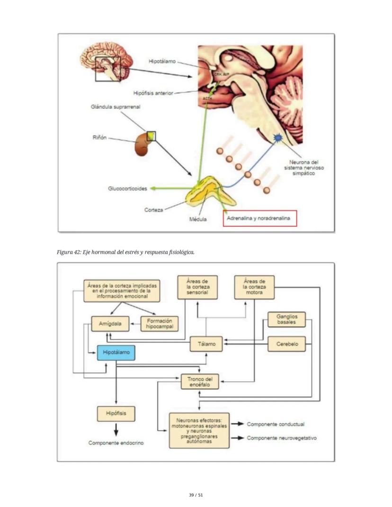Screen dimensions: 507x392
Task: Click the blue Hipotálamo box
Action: (x=116, y=353)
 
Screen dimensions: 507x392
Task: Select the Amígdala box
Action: (x=110, y=324)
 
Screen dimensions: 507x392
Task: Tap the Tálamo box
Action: (x=206, y=344)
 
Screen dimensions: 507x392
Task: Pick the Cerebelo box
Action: (x=287, y=344)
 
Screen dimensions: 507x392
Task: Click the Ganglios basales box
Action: (x=287, y=319)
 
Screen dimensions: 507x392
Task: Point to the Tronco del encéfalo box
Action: (x=200, y=382)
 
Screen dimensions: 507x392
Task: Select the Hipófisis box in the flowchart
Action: (x=116, y=413)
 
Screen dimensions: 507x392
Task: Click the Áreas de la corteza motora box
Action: (x=255, y=287)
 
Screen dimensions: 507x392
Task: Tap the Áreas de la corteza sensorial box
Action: (x=197, y=287)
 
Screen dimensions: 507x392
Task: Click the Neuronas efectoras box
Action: (x=199, y=430)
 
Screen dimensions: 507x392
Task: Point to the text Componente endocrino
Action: (x=116, y=443)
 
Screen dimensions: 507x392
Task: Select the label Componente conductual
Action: (x=276, y=424)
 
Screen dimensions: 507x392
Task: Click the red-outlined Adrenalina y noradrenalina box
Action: (x=260, y=218)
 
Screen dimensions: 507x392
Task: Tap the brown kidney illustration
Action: (x=143, y=144)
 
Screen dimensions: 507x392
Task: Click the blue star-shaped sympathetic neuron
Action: (x=278, y=138)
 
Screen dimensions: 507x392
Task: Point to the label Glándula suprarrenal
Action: (x=115, y=107)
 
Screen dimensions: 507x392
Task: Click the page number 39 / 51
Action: (x=196, y=495)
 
